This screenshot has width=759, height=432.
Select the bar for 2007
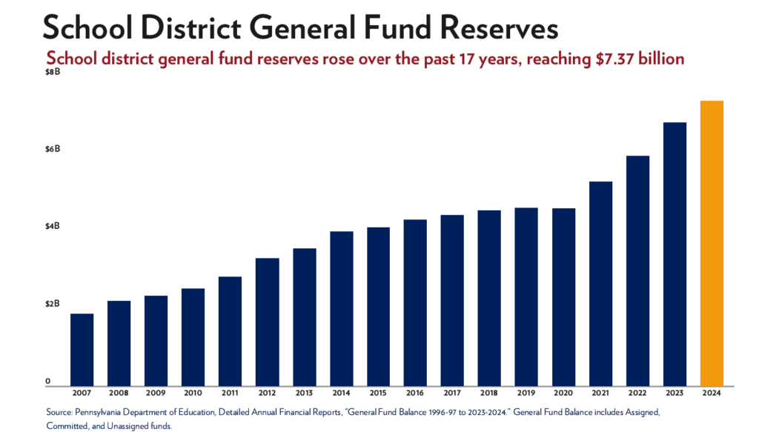tap(82, 349)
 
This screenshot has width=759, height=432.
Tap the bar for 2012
tap(267, 322)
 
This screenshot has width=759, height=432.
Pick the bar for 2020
tap(563, 296)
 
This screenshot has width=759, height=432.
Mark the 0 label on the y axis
tap(47, 381)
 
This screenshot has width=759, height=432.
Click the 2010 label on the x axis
tap(193, 392)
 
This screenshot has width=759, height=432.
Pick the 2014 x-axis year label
tap(341, 392)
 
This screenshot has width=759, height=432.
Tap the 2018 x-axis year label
tap(489, 392)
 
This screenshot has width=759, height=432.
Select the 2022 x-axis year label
tap(637, 392)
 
